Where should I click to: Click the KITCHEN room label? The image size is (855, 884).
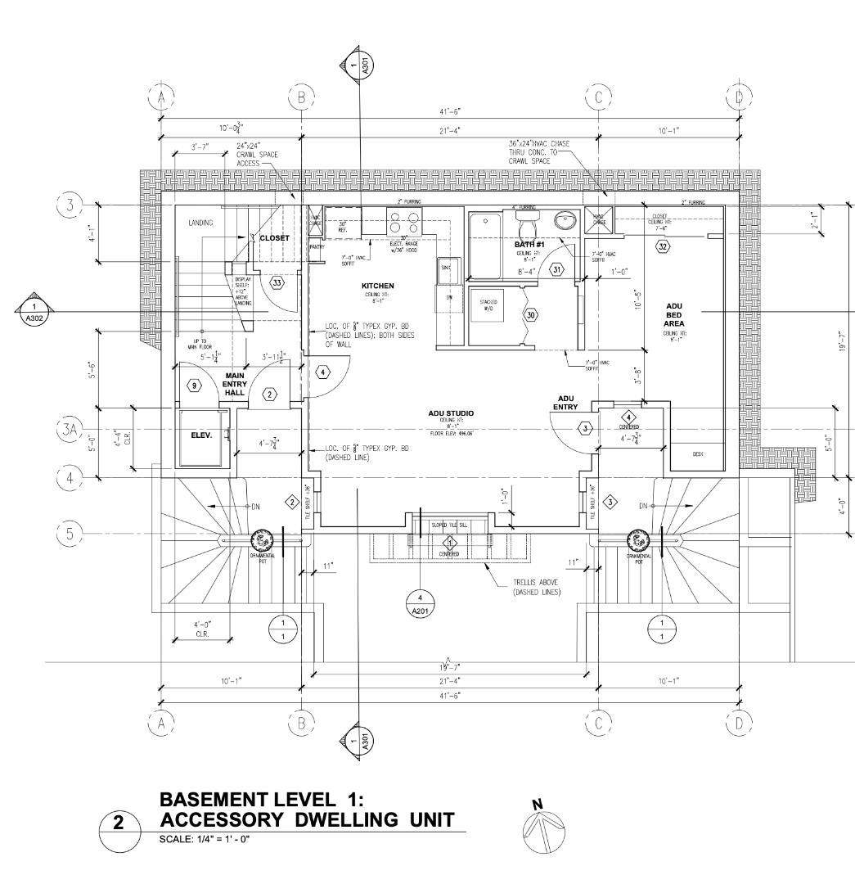coord(378,286)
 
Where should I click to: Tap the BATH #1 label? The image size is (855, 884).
coord(529,245)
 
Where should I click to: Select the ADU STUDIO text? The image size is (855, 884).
coord(450,413)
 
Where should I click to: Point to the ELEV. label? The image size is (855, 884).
coord(202,435)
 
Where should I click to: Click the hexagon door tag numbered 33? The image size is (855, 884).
coord(277,282)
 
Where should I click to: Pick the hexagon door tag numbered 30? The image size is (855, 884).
coord(530,315)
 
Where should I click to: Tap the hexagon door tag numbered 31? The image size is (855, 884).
coord(556,268)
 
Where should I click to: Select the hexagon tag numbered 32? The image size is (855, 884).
coord(663,246)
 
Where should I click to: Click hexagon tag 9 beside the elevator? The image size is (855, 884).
coord(194,385)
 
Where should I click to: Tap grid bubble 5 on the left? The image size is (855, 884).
coord(70,534)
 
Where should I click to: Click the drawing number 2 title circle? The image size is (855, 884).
coord(119,823)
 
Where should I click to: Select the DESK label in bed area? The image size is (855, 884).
coord(698,453)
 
